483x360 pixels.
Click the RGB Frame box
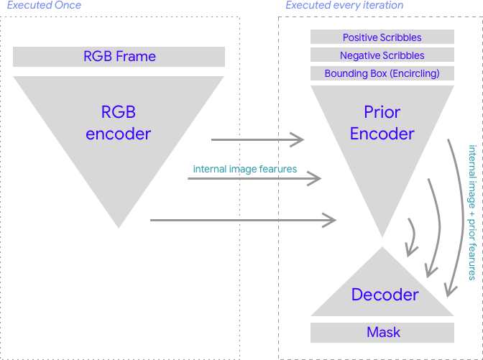119,57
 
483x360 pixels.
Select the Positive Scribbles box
382,37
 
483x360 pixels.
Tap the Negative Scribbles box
382,55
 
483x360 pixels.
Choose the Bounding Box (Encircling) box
382,73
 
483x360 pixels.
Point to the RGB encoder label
119,123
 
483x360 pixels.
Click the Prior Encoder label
382,123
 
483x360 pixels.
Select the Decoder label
385,295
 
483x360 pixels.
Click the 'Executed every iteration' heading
344,6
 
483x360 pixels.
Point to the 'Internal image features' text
244,170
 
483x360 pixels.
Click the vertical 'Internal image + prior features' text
472,213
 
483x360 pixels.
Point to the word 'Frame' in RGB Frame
137,57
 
